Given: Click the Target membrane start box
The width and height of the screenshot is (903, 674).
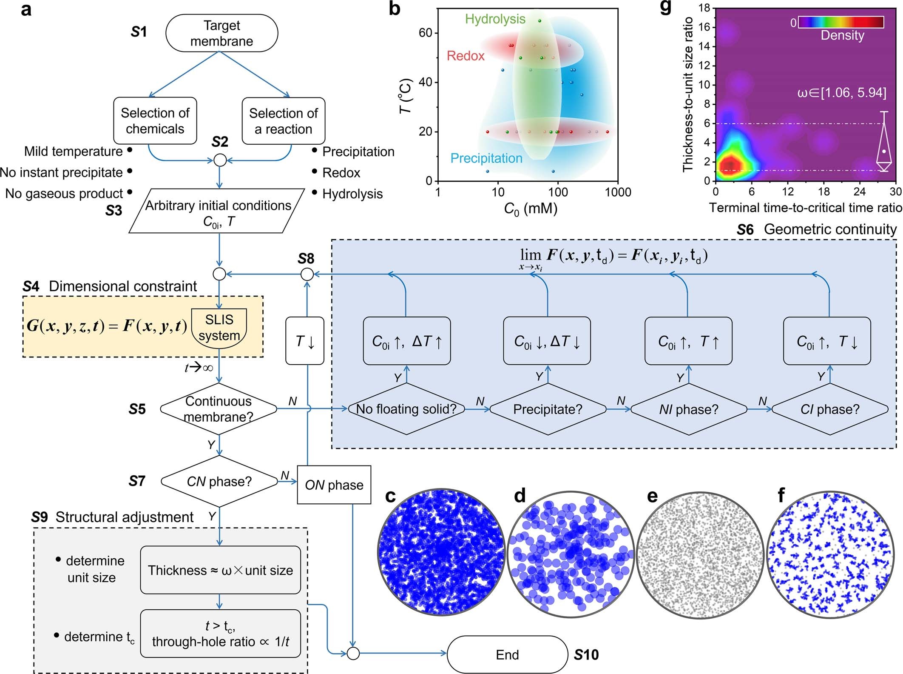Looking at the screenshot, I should [x=221, y=33].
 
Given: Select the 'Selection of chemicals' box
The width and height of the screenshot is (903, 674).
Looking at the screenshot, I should [x=155, y=121].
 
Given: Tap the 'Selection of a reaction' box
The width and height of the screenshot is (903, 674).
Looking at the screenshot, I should [x=283, y=121].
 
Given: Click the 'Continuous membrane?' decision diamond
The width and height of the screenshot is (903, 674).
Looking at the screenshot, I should [x=219, y=409].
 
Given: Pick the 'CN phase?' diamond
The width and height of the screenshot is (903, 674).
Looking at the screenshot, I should [x=219, y=481].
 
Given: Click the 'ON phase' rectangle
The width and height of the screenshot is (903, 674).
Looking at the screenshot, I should [x=334, y=485].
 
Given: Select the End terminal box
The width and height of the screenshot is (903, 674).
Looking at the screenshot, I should [x=507, y=654].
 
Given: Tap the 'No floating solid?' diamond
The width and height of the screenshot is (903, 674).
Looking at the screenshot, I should [x=406, y=409].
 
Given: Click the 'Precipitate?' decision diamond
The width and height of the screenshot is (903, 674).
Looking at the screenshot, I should [x=548, y=409].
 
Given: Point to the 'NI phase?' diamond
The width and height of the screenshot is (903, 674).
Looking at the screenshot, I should [x=689, y=409].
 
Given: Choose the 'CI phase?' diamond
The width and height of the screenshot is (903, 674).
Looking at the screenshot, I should [x=829, y=409].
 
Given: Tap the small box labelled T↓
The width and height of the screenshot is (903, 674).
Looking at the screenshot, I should [x=305, y=341].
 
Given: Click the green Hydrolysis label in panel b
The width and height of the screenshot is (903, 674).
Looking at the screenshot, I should [x=495, y=19].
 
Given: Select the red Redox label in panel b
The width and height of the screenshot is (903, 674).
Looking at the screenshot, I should [x=466, y=56].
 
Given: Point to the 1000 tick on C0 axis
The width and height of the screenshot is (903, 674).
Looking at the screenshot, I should [x=618, y=192].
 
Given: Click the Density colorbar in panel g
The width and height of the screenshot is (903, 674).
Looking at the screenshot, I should [x=841, y=22].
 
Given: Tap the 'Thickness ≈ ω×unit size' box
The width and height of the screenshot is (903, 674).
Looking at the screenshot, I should [x=220, y=570].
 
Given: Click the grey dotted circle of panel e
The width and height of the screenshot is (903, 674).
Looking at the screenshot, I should [x=700, y=553].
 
